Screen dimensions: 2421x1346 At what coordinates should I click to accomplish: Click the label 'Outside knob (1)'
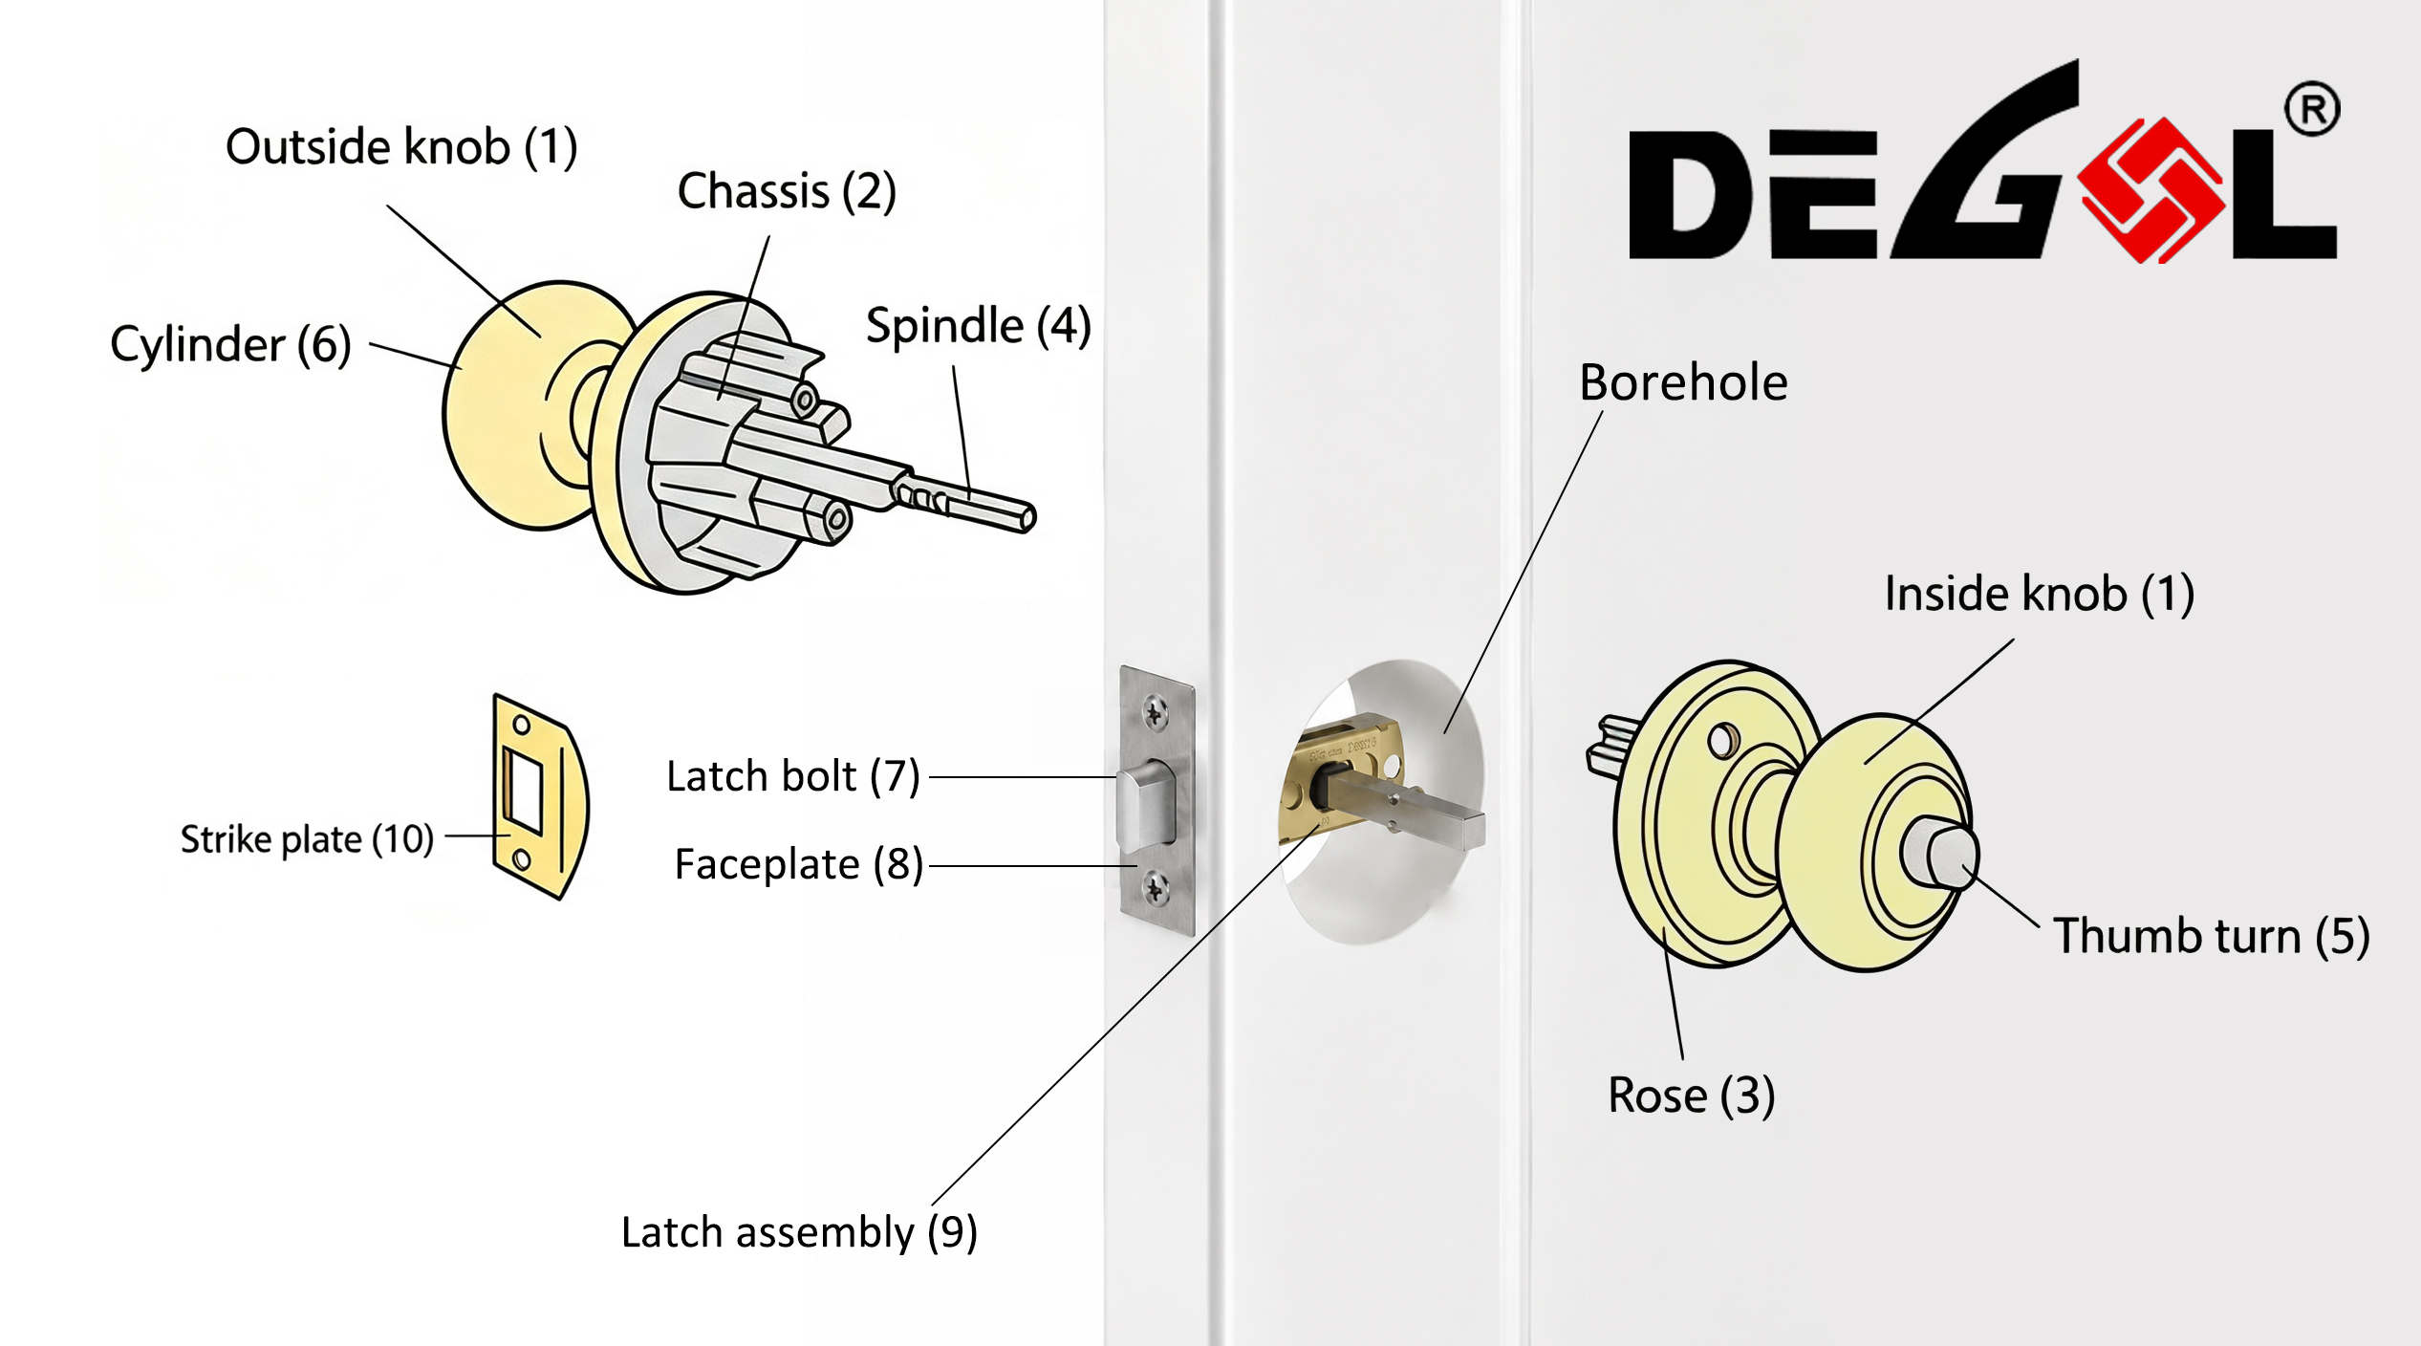coord(401,147)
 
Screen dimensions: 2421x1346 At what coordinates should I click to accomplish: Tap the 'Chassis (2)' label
coord(787,191)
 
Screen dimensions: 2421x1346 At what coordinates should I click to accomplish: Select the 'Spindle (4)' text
coord(978,326)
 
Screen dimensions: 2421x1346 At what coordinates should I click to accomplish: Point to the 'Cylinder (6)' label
coord(230,345)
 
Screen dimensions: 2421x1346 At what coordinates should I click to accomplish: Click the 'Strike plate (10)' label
coord(307,839)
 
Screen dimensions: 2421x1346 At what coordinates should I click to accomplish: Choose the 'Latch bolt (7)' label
coord(792,776)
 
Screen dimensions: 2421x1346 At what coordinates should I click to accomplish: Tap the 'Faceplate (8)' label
coord(798,864)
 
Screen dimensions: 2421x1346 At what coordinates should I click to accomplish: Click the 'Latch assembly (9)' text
coord(799,1232)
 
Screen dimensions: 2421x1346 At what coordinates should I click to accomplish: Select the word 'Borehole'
coord(1683,382)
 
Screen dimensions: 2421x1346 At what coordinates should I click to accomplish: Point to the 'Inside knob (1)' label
coord(2039,594)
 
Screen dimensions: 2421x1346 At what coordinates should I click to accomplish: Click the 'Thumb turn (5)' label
coord(2212,936)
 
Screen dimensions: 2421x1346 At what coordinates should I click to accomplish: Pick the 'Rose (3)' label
coord(1691,1096)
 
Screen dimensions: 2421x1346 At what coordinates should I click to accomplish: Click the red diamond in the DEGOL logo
coord(2151,189)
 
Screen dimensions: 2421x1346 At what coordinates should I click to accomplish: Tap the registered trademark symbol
coord(2312,110)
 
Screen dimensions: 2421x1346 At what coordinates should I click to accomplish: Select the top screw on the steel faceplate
coord(1156,712)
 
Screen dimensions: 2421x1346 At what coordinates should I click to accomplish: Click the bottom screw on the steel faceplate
coord(1156,889)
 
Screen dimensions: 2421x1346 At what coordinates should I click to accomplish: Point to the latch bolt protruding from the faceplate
coord(1146,805)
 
